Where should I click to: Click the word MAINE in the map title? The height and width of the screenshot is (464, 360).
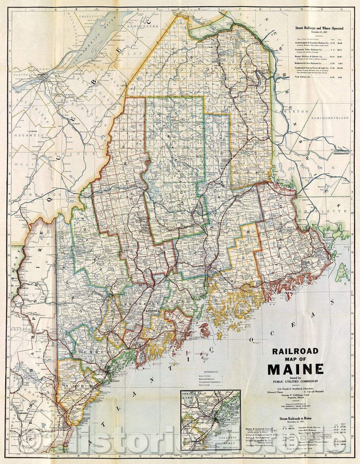click(295, 369)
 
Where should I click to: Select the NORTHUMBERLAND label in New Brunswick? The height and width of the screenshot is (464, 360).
click(330, 118)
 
